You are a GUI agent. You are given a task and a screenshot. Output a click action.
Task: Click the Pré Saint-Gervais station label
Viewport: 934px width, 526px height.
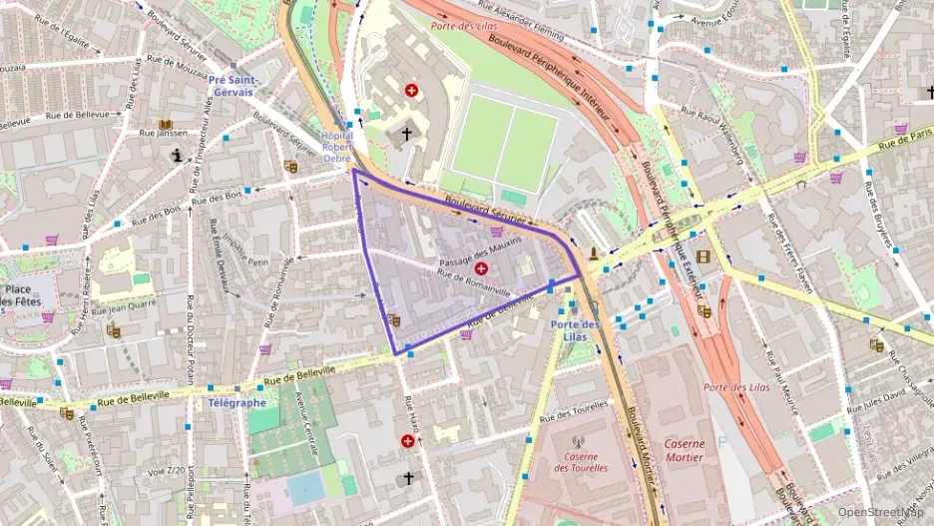click(234, 86)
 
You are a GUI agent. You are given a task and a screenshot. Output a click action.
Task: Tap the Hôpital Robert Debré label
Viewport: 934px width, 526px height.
click(337, 147)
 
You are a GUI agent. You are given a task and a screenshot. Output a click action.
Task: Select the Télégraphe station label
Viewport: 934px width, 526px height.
click(236, 403)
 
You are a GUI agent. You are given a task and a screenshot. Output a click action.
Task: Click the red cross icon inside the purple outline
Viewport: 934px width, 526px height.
click(482, 269)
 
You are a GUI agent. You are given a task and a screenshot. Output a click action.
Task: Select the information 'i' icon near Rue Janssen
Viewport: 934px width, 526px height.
click(178, 155)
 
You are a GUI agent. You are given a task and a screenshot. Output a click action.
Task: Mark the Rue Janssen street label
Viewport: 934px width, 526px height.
click(163, 132)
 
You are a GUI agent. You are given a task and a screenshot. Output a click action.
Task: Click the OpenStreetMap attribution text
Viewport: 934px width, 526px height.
click(880, 512)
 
